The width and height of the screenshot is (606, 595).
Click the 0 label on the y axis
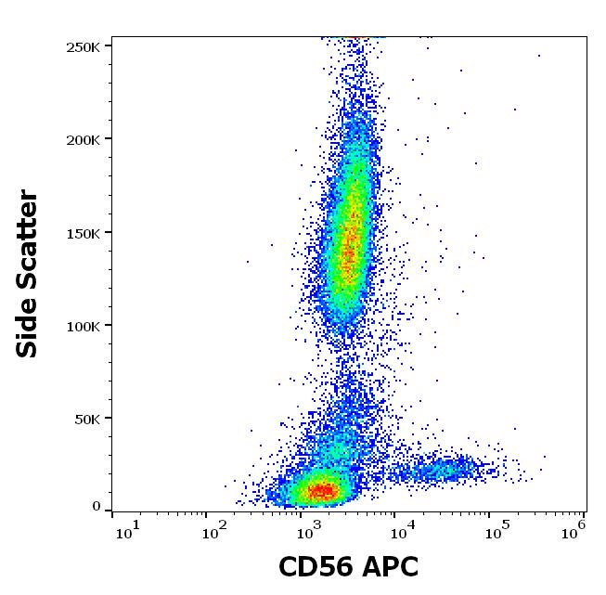coord(97,507)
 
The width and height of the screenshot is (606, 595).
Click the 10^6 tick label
coord(574,528)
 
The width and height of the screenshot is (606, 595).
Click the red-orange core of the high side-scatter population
coord(349,241)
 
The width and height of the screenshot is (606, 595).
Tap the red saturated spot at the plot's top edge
coord(355,38)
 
